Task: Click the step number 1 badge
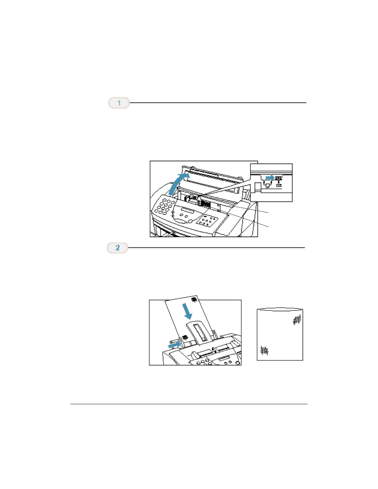click(119, 103)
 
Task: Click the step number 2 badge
click(118, 248)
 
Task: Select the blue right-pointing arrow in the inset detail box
click(270, 177)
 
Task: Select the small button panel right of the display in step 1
click(207, 221)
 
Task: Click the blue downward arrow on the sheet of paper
click(187, 311)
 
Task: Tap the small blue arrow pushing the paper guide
click(174, 344)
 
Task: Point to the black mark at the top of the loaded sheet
click(194, 299)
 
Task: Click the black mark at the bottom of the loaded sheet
click(185, 337)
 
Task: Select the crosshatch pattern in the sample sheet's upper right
click(297, 320)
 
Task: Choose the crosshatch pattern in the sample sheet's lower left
click(265, 350)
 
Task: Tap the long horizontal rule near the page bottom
click(189, 404)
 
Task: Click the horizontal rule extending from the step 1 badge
click(218, 103)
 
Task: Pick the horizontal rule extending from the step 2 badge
click(216, 247)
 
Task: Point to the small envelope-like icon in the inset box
click(279, 185)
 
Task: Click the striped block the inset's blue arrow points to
click(279, 177)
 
